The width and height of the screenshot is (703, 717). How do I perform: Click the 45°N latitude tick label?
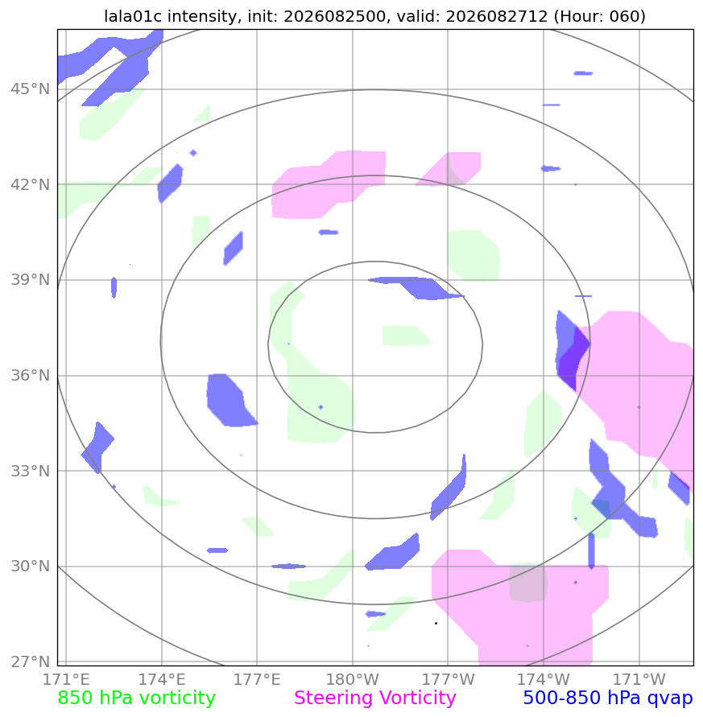(31, 89)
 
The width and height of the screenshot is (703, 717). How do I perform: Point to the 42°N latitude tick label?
(31, 185)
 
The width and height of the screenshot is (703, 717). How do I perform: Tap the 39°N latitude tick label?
(31, 280)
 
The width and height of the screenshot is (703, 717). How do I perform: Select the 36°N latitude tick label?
(31, 376)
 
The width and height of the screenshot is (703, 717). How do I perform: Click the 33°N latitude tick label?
(31, 471)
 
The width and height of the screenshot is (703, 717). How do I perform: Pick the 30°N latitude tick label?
(31, 566)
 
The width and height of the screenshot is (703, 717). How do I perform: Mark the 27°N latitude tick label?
(31, 661)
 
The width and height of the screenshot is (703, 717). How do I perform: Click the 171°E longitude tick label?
(66, 679)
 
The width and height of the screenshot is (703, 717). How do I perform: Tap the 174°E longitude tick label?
(162, 679)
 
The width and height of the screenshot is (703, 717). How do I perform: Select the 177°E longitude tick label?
(257, 679)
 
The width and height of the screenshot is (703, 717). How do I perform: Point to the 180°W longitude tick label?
(353, 679)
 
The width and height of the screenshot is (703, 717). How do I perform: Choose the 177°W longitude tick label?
(448, 679)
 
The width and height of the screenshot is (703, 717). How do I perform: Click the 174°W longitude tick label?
(544, 679)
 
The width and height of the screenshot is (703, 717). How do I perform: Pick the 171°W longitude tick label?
(639, 679)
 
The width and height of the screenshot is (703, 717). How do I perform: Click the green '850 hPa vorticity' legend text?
(136, 698)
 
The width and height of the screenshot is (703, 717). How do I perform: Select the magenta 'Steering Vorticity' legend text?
(374, 698)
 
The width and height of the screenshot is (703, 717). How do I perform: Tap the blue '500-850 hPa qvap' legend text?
(608, 698)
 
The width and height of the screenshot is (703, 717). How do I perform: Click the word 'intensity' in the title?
(202, 16)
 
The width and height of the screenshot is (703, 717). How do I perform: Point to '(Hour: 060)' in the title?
(600, 16)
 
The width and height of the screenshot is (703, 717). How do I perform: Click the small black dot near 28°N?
(436, 623)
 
